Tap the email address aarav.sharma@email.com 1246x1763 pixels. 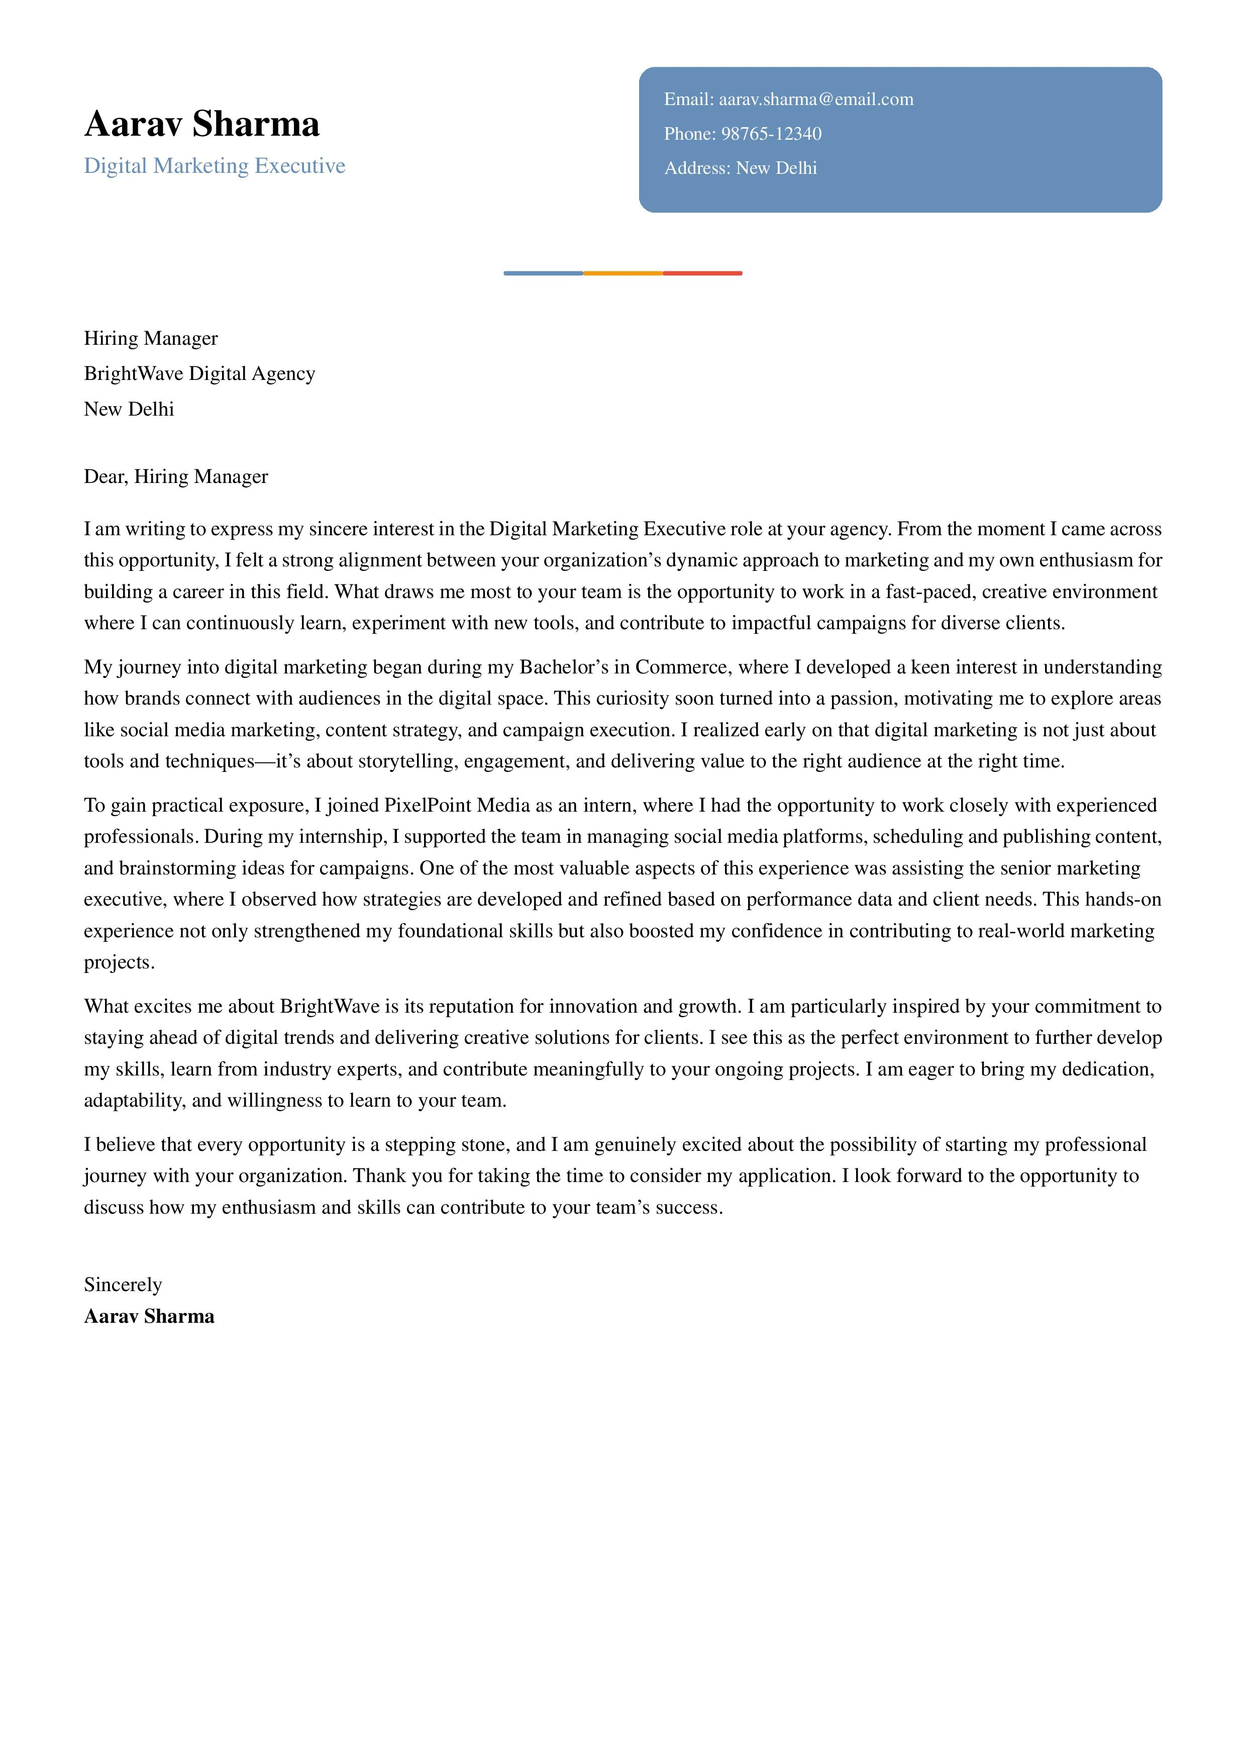coord(815,99)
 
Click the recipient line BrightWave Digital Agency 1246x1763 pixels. coord(199,374)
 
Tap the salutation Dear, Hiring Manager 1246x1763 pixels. coord(176,477)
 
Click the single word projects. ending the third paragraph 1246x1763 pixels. coord(119,963)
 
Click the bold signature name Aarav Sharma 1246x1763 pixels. coord(149,1317)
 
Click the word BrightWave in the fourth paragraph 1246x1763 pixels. coord(330,1007)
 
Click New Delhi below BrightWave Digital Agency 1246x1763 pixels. coord(129,409)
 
